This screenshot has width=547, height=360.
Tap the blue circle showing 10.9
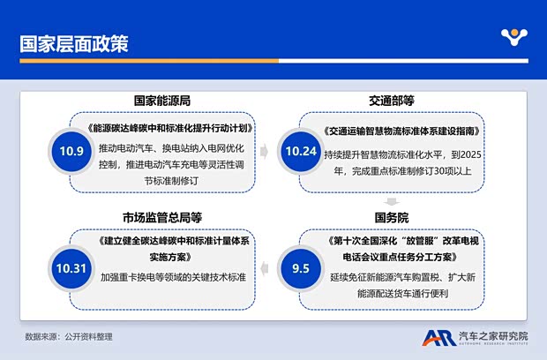(x=73, y=151)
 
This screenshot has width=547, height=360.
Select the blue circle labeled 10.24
(x=301, y=151)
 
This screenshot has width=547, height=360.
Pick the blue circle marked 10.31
(x=73, y=264)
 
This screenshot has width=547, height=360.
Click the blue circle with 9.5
(x=301, y=264)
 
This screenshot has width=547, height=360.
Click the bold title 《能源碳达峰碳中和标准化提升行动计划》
(x=171, y=127)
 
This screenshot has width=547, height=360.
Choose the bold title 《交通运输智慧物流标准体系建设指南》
(x=401, y=130)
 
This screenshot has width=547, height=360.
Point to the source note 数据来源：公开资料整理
(x=68, y=337)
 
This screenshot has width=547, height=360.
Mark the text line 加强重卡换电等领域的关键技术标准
(x=173, y=277)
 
